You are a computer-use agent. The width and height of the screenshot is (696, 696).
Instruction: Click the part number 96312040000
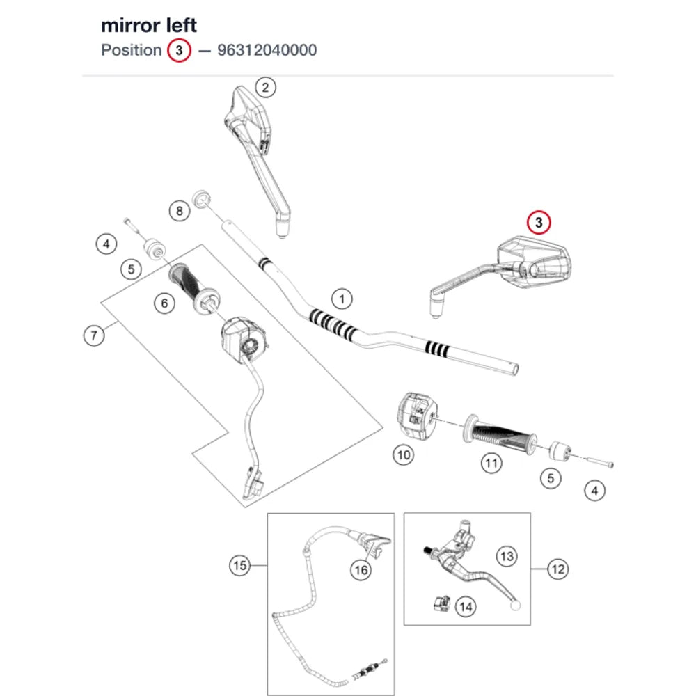click(267, 50)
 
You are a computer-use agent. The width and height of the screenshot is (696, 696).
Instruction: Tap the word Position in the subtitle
click(131, 50)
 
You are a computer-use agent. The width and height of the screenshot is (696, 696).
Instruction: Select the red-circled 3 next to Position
click(179, 50)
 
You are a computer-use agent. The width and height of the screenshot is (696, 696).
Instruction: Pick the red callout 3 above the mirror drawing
click(539, 223)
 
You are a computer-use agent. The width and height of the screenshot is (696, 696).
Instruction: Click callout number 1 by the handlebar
click(341, 299)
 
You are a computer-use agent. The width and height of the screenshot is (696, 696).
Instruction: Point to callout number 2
click(265, 88)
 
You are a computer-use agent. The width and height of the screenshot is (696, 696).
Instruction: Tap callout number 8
click(180, 211)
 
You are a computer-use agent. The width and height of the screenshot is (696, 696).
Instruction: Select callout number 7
click(94, 335)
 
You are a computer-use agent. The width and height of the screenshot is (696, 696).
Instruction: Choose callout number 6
click(164, 303)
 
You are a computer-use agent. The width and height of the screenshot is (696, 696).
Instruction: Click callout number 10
click(404, 455)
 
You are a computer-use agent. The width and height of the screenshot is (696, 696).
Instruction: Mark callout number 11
click(491, 464)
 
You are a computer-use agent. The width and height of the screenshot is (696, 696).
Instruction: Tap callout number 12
click(558, 569)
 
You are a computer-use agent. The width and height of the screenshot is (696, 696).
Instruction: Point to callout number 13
click(507, 556)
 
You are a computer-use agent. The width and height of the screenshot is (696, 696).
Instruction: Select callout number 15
click(239, 565)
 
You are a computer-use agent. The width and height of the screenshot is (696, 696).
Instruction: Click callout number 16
click(361, 570)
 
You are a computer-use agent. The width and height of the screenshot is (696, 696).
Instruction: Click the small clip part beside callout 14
click(442, 603)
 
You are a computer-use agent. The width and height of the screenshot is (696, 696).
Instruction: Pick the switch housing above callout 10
click(417, 416)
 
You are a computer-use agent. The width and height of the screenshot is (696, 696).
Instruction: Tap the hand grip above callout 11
click(500, 434)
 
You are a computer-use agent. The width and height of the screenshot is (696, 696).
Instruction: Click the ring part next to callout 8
click(201, 199)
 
